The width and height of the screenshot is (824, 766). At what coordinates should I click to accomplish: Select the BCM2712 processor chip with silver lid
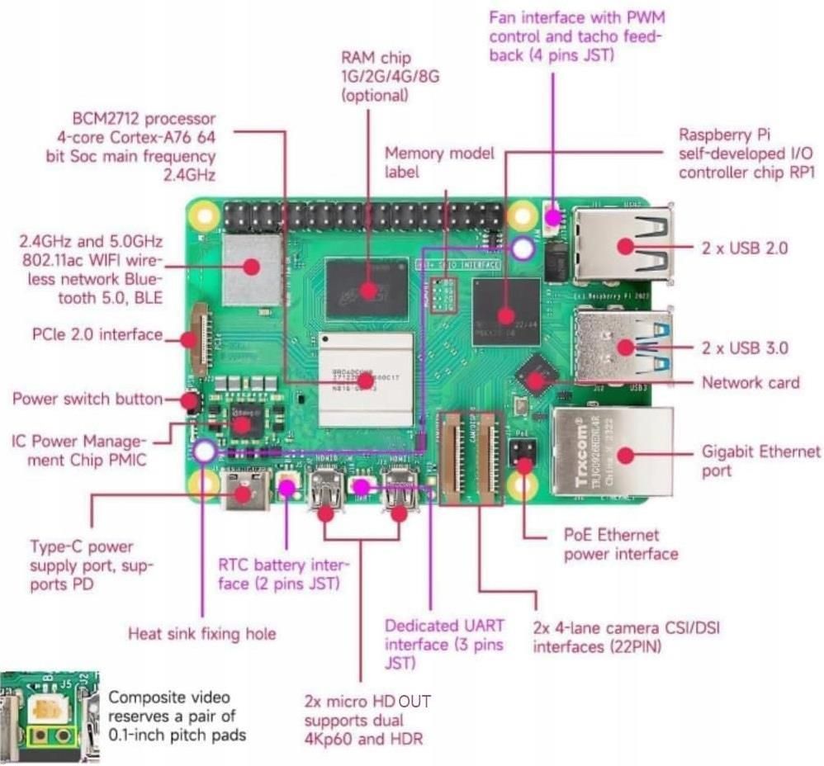pyautogui.click(x=365, y=378)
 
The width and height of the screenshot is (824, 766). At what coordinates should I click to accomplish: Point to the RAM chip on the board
pyautogui.click(x=367, y=289)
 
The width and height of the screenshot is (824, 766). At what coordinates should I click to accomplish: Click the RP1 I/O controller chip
pyautogui.click(x=505, y=311)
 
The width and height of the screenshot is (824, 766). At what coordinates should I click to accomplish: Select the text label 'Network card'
pyautogui.click(x=750, y=382)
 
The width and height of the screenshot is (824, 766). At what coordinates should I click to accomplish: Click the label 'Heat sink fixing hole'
pyautogui.click(x=201, y=634)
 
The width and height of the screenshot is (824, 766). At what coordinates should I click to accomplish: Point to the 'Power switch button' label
pyautogui.click(x=88, y=400)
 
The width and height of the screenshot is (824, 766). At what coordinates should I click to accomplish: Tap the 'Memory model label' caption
pyautogui.click(x=439, y=163)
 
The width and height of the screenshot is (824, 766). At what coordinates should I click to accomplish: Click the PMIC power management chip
pyautogui.click(x=242, y=423)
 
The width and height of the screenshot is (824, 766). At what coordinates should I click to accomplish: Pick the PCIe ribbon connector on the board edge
pyautogui.click(x=197, y=338)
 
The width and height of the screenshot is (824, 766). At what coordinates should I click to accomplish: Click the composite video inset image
pyautogui.click(x=50, y=715)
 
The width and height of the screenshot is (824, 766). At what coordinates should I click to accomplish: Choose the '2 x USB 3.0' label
pyautogui.click(x=745, y=348)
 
